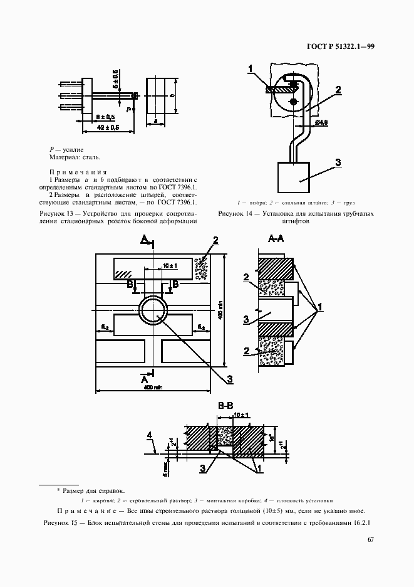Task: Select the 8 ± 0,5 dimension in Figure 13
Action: pos(105,117)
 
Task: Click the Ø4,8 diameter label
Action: pos(321,121)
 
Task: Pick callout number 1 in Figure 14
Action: pos(251,68)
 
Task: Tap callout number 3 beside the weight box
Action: pos(338,162)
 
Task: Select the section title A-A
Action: pos(276,239)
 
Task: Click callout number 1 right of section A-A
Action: pos(320,307)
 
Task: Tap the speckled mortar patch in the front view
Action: pos(202,268)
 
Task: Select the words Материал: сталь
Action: pos(75,157)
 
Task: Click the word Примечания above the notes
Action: pos(78,172)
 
